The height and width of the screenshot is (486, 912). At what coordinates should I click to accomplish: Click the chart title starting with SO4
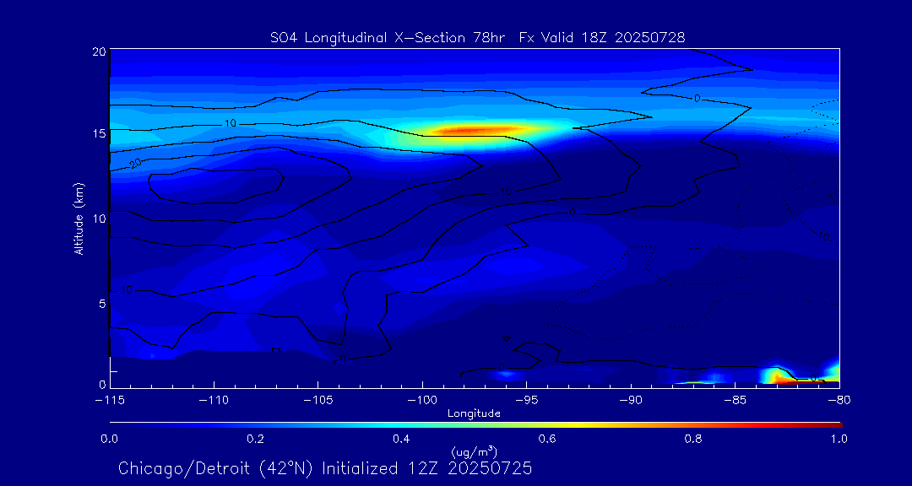pyautogui.click(x=477, y=37)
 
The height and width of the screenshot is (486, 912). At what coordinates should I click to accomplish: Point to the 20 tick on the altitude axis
pyautogui.click(x=99, y=52)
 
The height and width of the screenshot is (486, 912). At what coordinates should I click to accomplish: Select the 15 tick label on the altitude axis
pyautogui.click(x=99, y=134)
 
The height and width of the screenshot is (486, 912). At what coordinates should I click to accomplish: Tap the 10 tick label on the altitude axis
pyautogui.click(x=99, y=219)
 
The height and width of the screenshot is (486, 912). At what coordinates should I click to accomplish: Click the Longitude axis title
pyautogui.click(x=474, y=413)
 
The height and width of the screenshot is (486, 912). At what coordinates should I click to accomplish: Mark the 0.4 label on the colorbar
pyautogui.click(x=401, y=439)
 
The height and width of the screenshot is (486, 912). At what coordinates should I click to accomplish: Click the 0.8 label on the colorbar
pyautogui.click(x=693, y=439)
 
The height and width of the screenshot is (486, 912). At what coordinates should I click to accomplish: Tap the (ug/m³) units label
pyautogui.click(x=474, y=452)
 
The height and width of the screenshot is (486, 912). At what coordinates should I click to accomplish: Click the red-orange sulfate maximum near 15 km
pyautogui.click(x=473, y=131)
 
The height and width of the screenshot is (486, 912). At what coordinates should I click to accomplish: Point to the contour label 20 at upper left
pyautogui.click(x=136, y=163)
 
